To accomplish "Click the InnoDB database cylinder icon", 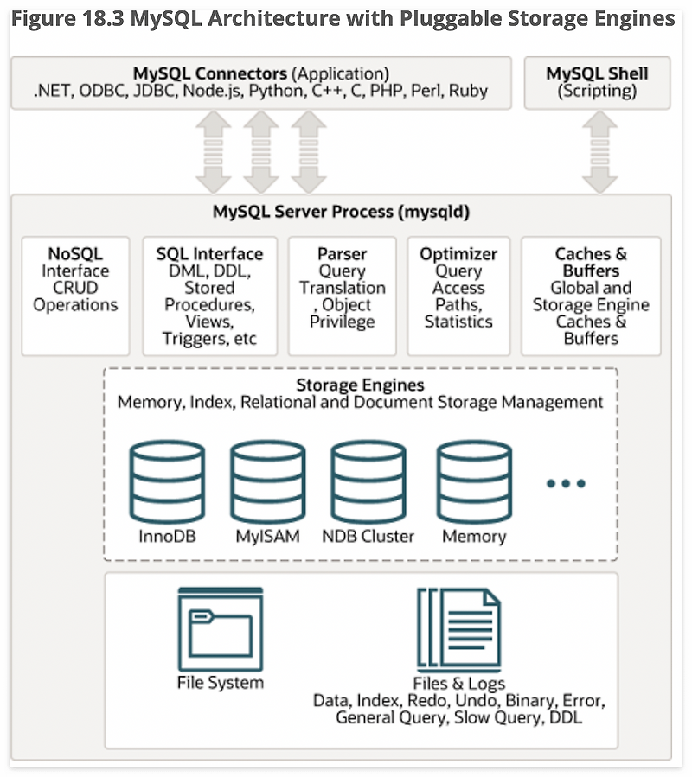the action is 167,481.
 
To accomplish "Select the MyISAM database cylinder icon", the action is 268,481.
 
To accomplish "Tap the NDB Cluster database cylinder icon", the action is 368,481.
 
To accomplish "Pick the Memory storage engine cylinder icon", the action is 474,481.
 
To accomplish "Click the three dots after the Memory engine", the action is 566,483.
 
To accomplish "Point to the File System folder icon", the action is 221,629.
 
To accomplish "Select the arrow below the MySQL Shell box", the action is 599,151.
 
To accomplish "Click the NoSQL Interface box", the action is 75,296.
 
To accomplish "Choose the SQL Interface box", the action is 210,296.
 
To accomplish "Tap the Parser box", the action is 343,296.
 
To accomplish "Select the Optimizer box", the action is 458,296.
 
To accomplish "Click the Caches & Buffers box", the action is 591,296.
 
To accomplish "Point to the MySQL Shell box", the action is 597,83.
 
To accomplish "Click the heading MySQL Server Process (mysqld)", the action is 342,212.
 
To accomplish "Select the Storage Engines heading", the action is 360,385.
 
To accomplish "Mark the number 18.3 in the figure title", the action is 104,19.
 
